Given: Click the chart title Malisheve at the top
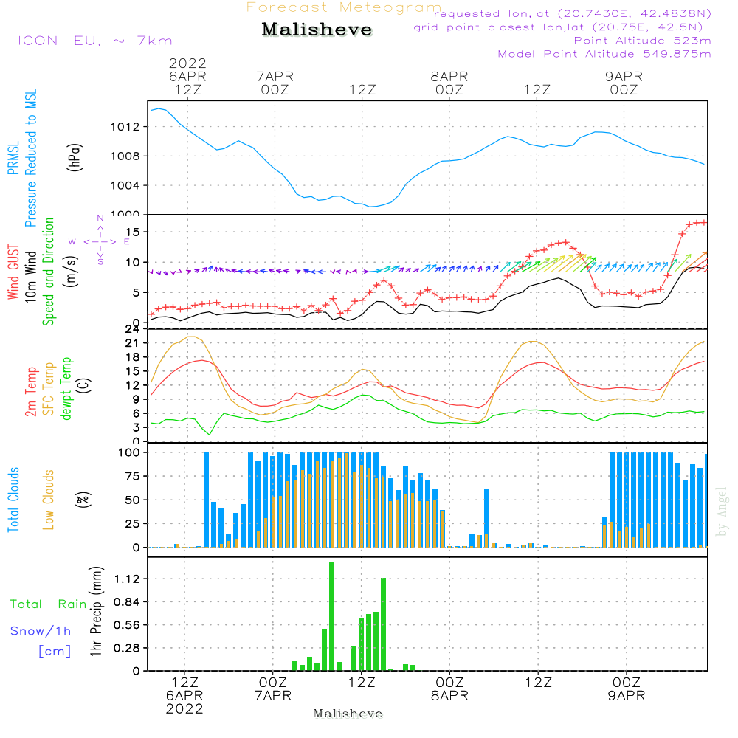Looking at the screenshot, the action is pos(317,30).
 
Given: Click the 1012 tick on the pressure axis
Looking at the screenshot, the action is pos(125,127).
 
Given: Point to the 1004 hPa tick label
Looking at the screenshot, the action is pos(125,185).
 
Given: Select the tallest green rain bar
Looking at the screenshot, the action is pos(332,616).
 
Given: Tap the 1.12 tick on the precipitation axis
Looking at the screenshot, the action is pos(127,579).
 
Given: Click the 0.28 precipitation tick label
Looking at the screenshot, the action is pos(127,648).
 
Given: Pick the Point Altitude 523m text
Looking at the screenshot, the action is pos(643,41).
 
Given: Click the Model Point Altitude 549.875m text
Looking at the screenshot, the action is pos(604,54).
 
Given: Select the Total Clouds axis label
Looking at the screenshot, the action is pos(13,500).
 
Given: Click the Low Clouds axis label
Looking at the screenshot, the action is pos(49,500).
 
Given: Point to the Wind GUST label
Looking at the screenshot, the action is pos(13,272).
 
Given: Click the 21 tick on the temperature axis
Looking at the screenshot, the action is pos(132,343).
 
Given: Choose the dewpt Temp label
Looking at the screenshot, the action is pos(66,388).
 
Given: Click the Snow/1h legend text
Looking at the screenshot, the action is pos(41,631).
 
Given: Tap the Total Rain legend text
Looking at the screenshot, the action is pos(49,604).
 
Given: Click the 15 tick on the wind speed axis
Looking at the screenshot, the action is pos(133,232).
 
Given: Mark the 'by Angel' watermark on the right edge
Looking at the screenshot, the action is pos(722,511).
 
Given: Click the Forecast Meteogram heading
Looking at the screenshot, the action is pos(344,7).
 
